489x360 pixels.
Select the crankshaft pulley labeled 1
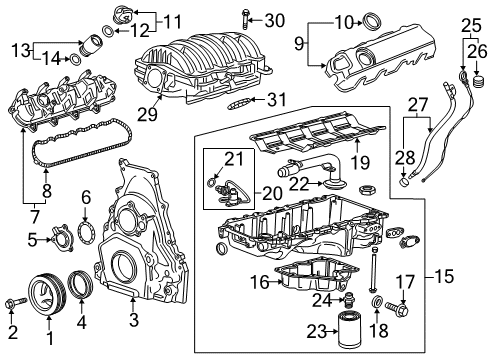[46, 297]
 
